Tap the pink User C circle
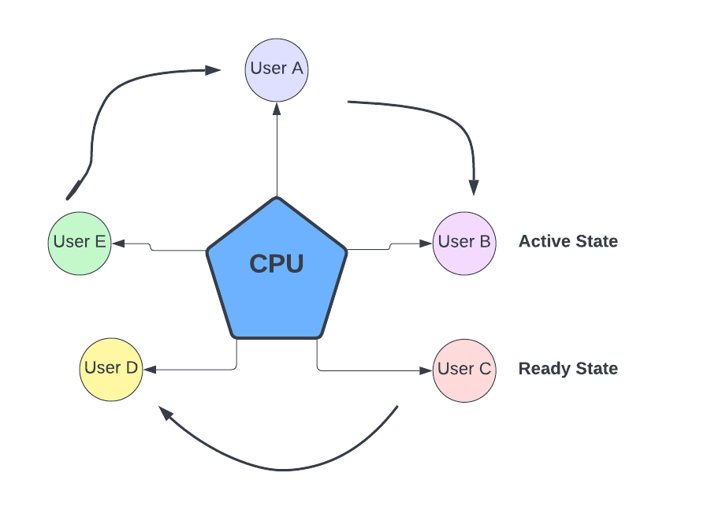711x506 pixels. pyautogui.click(x=464, y=370)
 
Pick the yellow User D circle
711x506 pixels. pyautogui.click(x=111, y=369)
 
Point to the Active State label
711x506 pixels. pyautogui.click(x=568, y=242)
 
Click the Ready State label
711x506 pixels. pyautogui.click(x=568, y=369)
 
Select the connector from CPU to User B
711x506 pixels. pyautogui.click(x=390, y=247)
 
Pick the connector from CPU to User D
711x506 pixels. pyautogui.click(x=197, y=369)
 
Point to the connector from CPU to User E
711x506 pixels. pyautogui.click(x=158, y=248)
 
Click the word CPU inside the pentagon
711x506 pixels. pyautogui.click(x=276, y=264)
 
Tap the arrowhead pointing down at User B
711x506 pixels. pyautogui.click(x=474, y=187)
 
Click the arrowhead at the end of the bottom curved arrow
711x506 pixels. pyautogui.click(x=165, y=413)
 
